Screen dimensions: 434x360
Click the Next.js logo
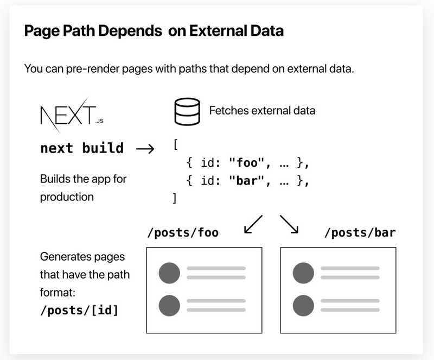(72, 115)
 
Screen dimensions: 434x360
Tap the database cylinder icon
(187, 111)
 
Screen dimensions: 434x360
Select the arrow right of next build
(145, 149)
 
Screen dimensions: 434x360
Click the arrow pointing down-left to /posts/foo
(253, 224)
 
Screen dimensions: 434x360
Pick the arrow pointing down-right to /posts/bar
(289, 224)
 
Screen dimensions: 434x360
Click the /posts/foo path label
(183, 232)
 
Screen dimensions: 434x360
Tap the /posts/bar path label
(360, 232)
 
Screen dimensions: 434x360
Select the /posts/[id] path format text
(79, 310)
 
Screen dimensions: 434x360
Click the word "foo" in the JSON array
(247, 163)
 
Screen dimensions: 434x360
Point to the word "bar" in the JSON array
(247, 181)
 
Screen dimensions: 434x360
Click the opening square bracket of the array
(175, 144)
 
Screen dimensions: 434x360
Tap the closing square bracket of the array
(174, 198)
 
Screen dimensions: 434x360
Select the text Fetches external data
(262, 111)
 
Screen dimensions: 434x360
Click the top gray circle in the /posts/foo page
(169, 273)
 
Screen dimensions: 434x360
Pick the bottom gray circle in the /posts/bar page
(303, 305)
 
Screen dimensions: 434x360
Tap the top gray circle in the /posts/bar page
(303, 273)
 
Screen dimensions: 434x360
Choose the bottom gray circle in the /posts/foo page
(169, 305)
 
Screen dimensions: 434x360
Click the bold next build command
(82, 148)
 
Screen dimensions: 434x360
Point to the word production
(67, 197)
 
